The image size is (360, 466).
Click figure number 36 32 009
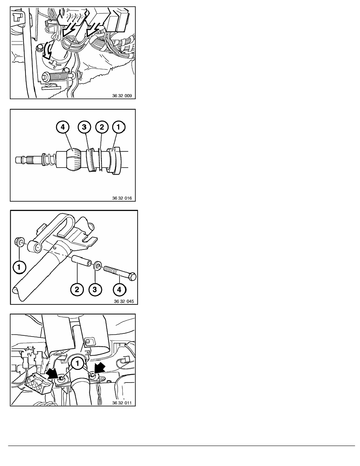[x=122, y=96]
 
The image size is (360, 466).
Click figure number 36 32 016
[x=122, y=198]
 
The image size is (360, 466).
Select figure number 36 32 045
[x=124, y=301]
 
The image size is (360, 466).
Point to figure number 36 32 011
[x=122, y=403]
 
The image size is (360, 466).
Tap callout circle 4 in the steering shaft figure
[x=63, y=127]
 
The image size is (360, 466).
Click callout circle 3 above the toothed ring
[x=84, y=127]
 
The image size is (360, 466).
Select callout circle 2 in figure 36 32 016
[x=102, y=127]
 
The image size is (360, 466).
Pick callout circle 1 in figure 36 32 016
[x=118, y=127]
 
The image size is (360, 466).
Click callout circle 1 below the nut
[x=19, y=267]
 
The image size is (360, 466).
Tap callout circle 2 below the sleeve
[x=77, y=289]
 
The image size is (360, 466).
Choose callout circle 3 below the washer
[x=95, y=289]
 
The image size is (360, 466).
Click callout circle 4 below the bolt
[x=119, y=289]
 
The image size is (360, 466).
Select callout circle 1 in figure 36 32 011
[x=78, y=363]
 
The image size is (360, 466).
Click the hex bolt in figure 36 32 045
[x=120, y=273]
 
